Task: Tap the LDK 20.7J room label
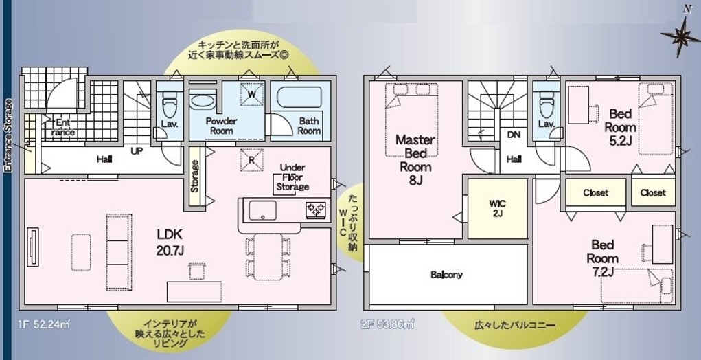(x=170, y=243)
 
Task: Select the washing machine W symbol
(x=251, y=94)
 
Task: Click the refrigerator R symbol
(x=251, y=159)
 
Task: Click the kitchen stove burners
(x=316, y=210)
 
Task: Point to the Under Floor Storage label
(x=293, y=177)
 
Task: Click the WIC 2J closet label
(x=497, y=208)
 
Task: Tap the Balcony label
(x=446, y=275)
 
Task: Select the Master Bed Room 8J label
(x=415, y=159)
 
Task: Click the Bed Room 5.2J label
(x=621, y=126)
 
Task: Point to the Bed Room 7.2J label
(x=603, y=258)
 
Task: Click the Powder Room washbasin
(x=203, y=100)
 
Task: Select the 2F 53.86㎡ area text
(x=387, y=324)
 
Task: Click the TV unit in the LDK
(x=33, y=247)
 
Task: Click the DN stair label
(x=514, y=135)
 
